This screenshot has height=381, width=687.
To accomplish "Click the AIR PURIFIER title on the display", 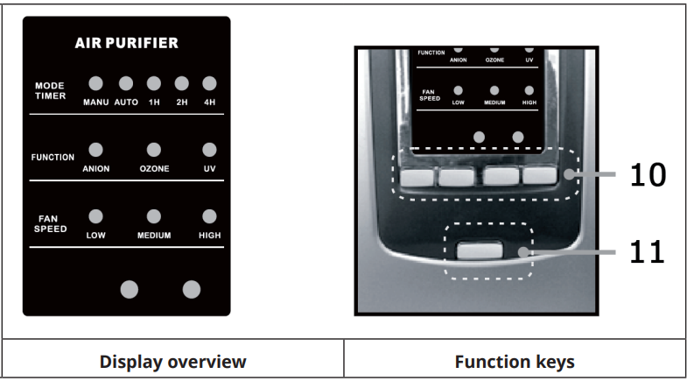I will click(x=128, y=42).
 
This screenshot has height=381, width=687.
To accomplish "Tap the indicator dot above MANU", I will click(x=95, y=84).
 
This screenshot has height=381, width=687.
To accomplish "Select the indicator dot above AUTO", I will click(x=125, y=84).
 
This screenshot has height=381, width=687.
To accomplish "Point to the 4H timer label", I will click(x=208, y=102).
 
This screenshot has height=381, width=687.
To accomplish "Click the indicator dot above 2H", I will click(x=181, y=84).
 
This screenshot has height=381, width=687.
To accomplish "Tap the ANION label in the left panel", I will click(x=95, y=168).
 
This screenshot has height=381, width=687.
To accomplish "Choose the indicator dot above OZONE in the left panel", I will click(x=154, y=150).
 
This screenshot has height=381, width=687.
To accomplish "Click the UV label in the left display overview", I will click(x=208, y=168).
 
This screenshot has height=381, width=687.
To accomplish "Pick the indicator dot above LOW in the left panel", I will click(x=95, y=216).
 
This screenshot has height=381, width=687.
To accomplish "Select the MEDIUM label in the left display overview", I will click(x=154, y=236).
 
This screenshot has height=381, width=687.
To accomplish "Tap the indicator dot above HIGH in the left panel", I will click(x=208, y=216).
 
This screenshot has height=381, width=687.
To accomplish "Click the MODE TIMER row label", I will click(x=50, y=91).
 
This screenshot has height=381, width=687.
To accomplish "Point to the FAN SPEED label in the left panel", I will click(x=50, y=224).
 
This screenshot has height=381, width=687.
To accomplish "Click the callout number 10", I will click(x=648, y=176).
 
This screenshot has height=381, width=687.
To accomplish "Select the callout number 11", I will click(x=648, y=253).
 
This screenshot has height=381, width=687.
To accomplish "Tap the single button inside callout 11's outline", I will click(x=480, y=252).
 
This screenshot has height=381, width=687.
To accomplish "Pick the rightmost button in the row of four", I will click(x=540, y=176).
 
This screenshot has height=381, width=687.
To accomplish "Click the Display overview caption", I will click(x=172, y=362).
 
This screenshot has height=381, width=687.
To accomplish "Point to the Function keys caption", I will click(x=515, y=362).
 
